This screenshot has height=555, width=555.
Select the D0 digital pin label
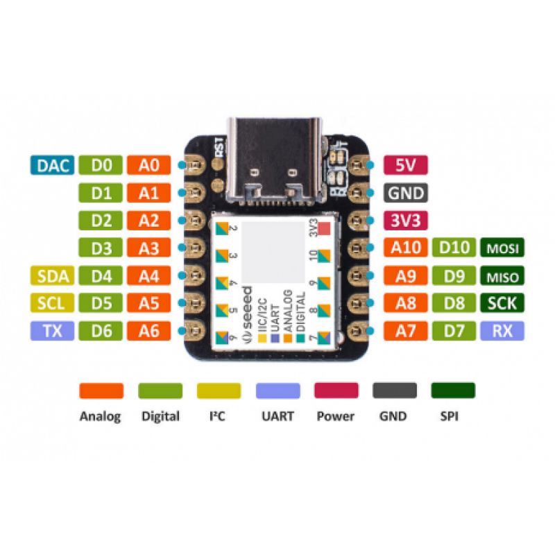coord(101,165)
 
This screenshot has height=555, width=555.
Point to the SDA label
coord(52,276)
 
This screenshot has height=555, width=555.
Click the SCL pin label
coord(52,303)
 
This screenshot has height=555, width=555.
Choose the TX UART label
coord(52,331)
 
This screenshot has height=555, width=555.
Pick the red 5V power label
coord(405,165)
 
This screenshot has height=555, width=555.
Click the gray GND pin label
coord(405,193)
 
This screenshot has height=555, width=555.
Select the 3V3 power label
coord(405,221)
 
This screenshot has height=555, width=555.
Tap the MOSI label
coord(502,248)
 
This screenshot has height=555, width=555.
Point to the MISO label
coord(502,277)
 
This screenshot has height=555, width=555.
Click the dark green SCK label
coord(502,303)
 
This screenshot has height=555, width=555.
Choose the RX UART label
coord(502,331)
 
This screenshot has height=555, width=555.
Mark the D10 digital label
coord(454,248)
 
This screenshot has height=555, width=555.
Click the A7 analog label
coord(405,331)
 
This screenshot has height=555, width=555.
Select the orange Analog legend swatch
coord(101,391)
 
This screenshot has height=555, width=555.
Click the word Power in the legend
coord(335,416)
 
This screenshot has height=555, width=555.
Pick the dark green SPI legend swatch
coord(453,391)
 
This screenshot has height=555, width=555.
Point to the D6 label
coord(101,331)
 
